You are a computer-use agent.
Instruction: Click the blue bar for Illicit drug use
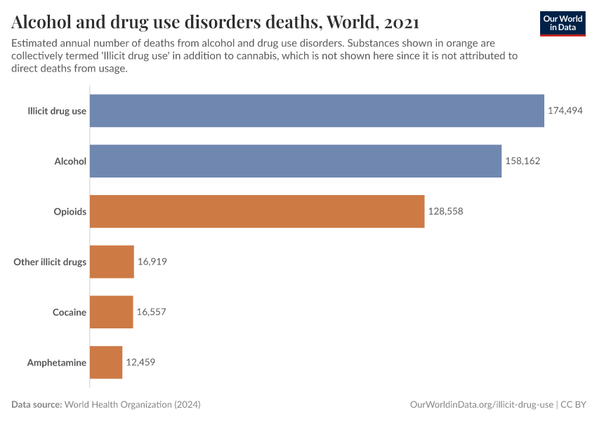coord(317,111)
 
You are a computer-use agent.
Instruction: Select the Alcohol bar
coord(296,161)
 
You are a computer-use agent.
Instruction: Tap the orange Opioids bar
coord(257,211)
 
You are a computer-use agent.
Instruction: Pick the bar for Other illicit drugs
coord(112,262)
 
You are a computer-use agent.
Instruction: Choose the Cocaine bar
coord(111,312)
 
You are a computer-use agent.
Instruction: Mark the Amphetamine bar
coord(106,362)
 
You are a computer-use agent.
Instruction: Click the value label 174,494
coord(565,111)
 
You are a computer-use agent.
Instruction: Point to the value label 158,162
coord(523,161)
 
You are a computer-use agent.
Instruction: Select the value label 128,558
coord(445,211)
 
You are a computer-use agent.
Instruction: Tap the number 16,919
coord(152,262)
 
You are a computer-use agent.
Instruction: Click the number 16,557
coord(151,312)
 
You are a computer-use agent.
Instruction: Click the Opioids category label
coord(70,212)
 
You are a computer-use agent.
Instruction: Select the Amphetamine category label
coord(56,363)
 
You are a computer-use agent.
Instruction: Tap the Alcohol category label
coord(70,161)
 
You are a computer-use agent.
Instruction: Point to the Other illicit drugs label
coord(50,262)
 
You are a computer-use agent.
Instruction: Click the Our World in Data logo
coord(563,22)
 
